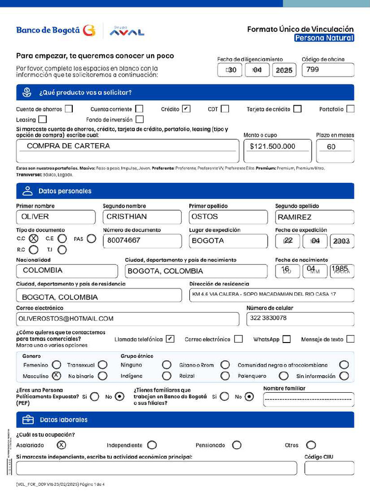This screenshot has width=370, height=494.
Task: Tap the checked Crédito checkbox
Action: [x=186, y=109]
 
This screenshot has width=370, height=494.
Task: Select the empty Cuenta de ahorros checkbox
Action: [x=69, y=109]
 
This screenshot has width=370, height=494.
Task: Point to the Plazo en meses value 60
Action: [x=331, y=147]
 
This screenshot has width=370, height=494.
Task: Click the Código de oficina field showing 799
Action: [x=328, y=69]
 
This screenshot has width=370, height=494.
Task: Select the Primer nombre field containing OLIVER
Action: [x=55, y=217]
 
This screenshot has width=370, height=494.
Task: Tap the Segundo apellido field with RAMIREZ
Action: [x=314, y=217]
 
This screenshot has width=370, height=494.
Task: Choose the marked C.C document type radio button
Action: [x=34, y=238]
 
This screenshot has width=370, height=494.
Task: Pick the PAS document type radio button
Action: [x=92, y=238]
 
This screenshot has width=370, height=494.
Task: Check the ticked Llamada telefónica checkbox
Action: [x=170, y=339]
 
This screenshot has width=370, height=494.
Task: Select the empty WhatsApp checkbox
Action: [x=287, y=339]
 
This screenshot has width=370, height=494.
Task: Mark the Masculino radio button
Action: [x=56, y=376]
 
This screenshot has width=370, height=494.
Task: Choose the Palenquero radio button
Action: [x=284, y=376]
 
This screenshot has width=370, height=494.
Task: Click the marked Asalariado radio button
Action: [x=62, y=445]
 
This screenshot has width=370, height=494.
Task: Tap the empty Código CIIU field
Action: [x=329, y=468]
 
